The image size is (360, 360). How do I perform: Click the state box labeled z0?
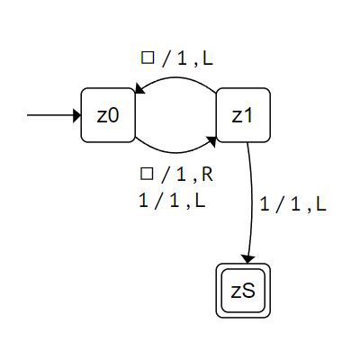(108, 115)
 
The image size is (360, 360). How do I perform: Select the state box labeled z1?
(243, 115)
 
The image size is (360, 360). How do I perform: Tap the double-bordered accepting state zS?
(243, 291)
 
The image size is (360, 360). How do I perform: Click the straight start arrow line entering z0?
(50, 115)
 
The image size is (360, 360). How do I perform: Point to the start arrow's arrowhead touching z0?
(77, 115)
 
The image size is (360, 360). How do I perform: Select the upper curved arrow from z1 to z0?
(177, 78)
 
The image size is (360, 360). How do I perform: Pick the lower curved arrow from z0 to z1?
(175, 152)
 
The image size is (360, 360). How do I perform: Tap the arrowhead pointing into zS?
(247, 260)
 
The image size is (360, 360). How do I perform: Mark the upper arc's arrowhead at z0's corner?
(139, 89)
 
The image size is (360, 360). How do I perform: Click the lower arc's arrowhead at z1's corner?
(212, 141)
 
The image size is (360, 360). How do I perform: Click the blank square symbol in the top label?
(148, 58)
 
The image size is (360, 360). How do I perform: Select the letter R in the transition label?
(207, 175)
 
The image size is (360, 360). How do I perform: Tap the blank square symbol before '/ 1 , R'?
(147, 174)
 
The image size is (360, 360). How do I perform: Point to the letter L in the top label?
(208, 58)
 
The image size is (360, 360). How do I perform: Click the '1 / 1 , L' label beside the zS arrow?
(292, 204)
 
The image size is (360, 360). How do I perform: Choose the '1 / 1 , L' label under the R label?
(172, 201)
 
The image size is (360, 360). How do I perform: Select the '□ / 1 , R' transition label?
(176, 175)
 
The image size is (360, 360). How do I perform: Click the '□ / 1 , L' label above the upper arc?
(177, 58)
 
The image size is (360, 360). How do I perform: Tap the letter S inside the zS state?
(249, 291)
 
